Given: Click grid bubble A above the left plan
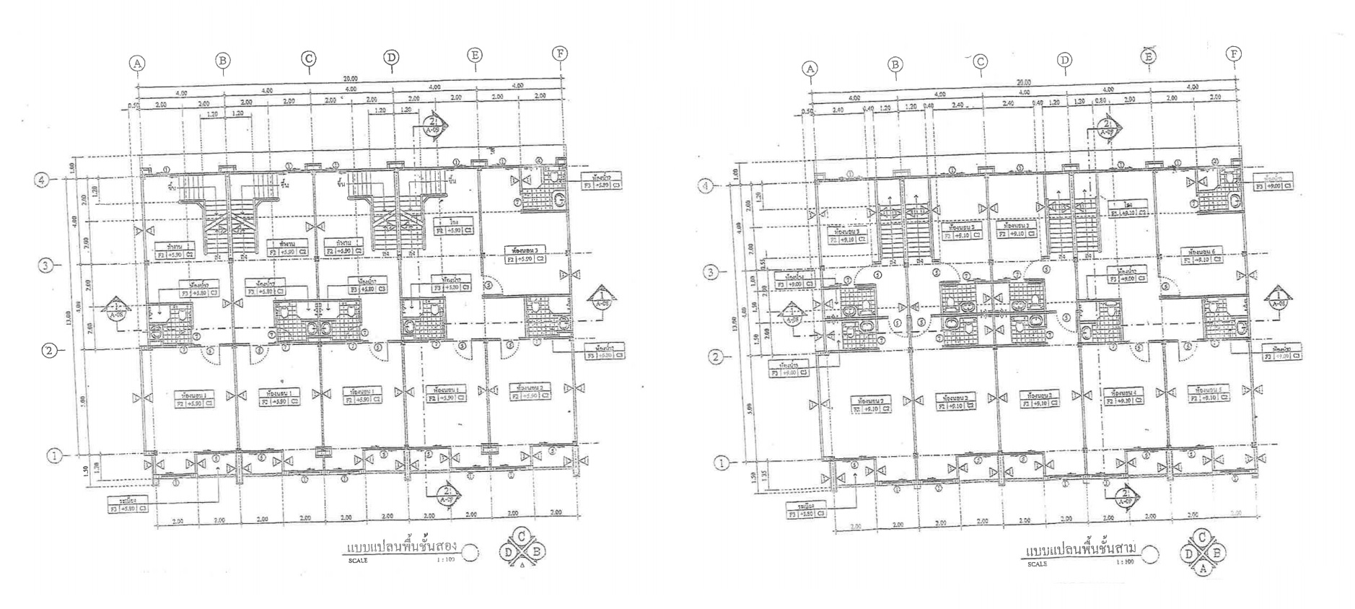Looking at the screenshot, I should [x=137, y=63].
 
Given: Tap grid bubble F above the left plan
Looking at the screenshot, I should [x=560, y=53].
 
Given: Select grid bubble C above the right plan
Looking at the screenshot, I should [x=980, y=62].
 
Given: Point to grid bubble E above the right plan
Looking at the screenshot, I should [x=1149, y=56].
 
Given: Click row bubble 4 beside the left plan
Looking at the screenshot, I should [x=42, y=180].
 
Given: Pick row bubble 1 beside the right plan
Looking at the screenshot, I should [x=721, y=463].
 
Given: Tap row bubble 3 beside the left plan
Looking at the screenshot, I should [x=45, y=266].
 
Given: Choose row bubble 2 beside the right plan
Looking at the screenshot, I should [x=715, y=357].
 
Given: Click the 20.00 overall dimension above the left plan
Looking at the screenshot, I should [x=350, y=79].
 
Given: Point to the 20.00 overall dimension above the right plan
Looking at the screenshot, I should [x=1023, y=82].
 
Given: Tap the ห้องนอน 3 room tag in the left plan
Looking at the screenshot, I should [x=525, y=254].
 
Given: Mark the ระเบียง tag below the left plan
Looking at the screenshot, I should [x=128, y=504].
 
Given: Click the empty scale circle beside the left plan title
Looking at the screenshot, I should [x=470, y=553].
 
